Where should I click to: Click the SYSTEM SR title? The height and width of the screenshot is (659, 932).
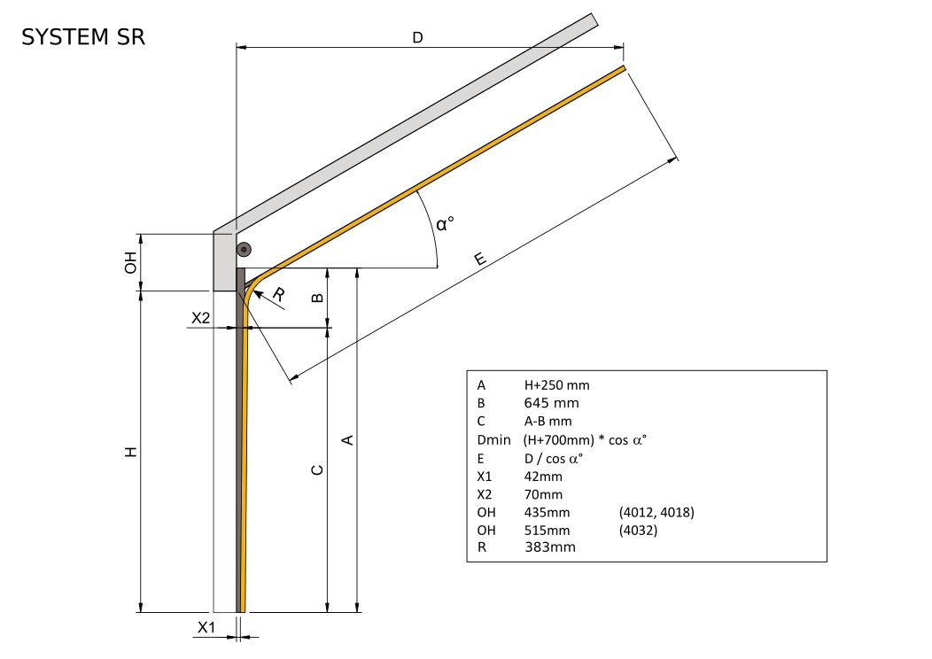point(83,37)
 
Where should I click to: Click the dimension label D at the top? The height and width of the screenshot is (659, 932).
point(417,37)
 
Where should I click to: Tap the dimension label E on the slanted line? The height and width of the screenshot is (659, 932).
point(479,259)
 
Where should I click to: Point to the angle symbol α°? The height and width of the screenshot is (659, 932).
point(445,222)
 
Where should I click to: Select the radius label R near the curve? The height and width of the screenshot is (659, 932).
point(279,296)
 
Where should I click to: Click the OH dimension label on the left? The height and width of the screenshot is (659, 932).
point(130,262)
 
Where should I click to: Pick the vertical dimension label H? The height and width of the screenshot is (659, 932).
point(130,452)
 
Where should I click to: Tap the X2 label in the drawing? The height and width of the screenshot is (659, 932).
point(201,318)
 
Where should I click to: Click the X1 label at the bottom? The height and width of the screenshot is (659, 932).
point(206,627)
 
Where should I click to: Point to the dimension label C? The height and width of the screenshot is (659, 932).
point(317,469)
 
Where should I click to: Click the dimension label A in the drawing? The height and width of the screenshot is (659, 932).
point(347,439)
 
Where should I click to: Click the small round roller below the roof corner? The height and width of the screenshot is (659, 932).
point(243,251)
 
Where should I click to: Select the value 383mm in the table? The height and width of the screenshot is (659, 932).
point(550,547)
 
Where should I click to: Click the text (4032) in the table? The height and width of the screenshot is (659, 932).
point(641,530)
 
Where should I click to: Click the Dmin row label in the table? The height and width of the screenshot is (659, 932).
point(493,439)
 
